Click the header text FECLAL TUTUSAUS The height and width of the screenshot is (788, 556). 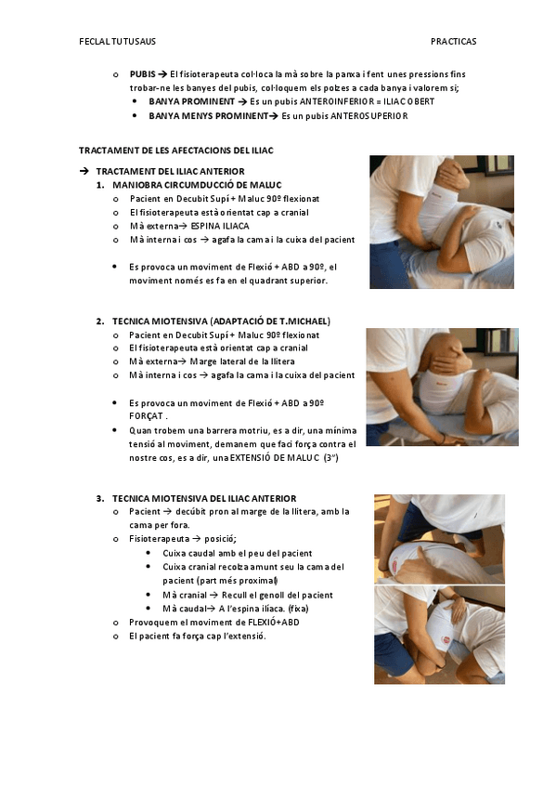point(118,41)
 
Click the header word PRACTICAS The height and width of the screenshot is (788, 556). point(453,41)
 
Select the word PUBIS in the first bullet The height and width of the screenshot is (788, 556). point(143,74)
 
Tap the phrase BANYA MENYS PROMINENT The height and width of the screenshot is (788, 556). point(208,116)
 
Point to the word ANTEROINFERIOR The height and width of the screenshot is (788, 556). point(337,101)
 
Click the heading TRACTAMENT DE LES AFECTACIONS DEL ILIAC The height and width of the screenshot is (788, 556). point(176,151)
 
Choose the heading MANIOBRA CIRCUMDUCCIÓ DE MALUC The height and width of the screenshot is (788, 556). point(197,185)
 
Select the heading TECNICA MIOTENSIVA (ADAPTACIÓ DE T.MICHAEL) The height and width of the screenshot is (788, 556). point(221,322)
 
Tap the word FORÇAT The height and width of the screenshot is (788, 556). point(146,416)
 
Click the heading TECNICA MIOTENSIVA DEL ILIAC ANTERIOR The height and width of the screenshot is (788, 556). point(204,498)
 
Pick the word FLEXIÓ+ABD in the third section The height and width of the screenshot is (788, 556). point(274,623)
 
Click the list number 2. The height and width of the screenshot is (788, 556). point(100,322)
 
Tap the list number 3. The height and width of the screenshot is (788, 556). point(100,498)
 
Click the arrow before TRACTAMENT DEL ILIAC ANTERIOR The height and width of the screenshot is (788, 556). point(84,171)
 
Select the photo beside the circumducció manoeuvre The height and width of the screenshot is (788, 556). point(442,222)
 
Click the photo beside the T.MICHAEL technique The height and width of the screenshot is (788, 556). point(442,387)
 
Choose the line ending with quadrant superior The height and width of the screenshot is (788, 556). point(228,281)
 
